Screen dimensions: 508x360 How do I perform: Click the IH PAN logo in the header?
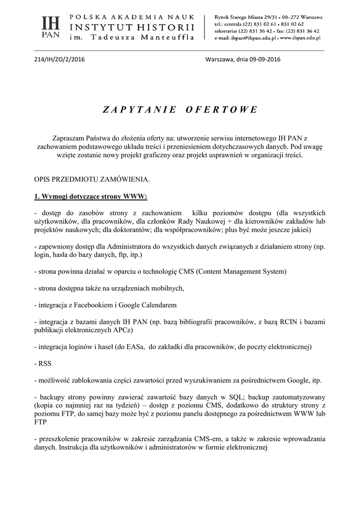pyautogui.click(x=50, y=27)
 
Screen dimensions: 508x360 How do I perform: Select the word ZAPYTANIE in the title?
pyautogui.click(x=140, y=110)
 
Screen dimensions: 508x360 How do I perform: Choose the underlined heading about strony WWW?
pyautogui.click(x=90, y=196)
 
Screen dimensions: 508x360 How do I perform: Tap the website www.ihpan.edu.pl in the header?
pyautogui.click(x=299, y=38)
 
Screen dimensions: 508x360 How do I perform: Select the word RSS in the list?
pyautogui.click(x=45, y=363)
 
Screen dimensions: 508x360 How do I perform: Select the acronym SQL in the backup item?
pyautogui.click(x=235, y=397)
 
